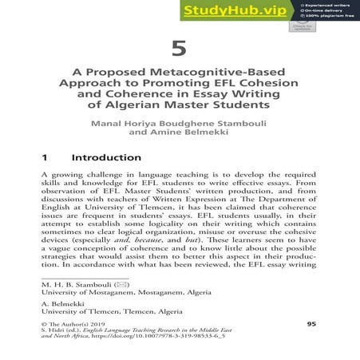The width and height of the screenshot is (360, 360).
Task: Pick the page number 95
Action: [x=311, y=324]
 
